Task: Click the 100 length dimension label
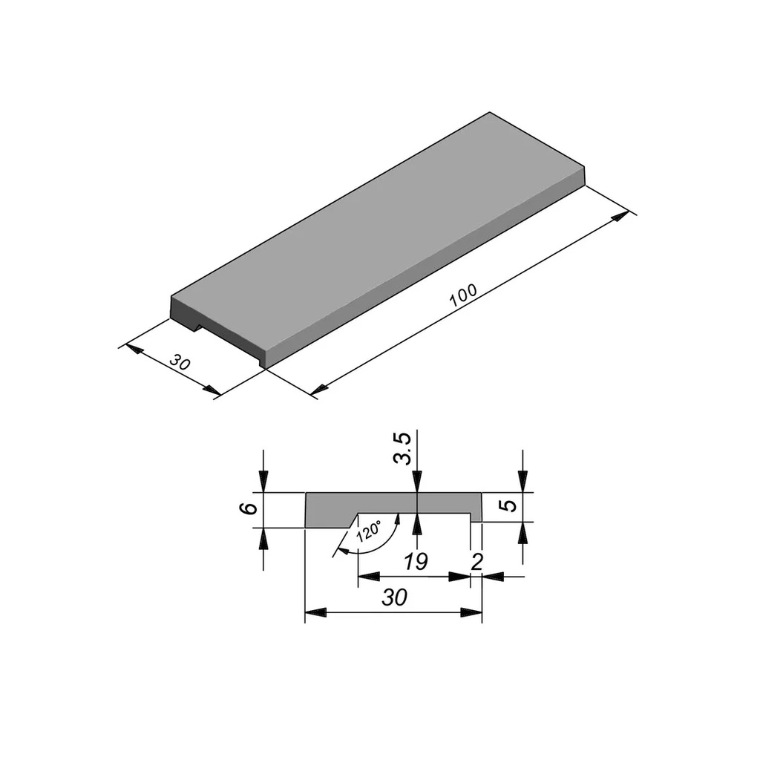coord(463,296)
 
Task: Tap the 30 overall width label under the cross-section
coord(394,597)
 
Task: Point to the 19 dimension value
coord(416,562)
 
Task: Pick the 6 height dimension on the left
coord(250,508)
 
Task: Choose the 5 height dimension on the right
coord(508,506)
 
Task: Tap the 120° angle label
coord(369,531)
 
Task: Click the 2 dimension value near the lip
coord(477,562)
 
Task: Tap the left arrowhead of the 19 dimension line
coord(367,576)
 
